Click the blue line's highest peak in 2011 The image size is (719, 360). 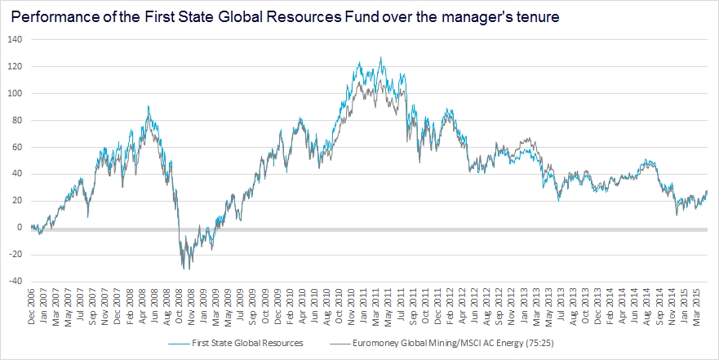click(380, 57)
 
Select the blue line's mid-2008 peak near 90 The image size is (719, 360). click(148, 106)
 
